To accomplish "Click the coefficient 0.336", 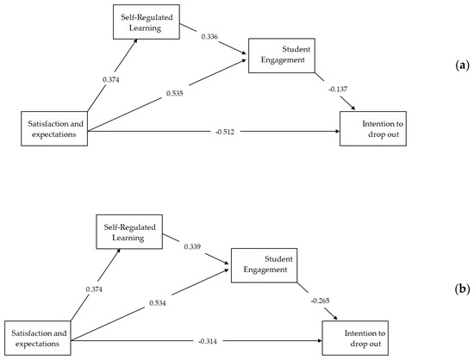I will tap(211, 36).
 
